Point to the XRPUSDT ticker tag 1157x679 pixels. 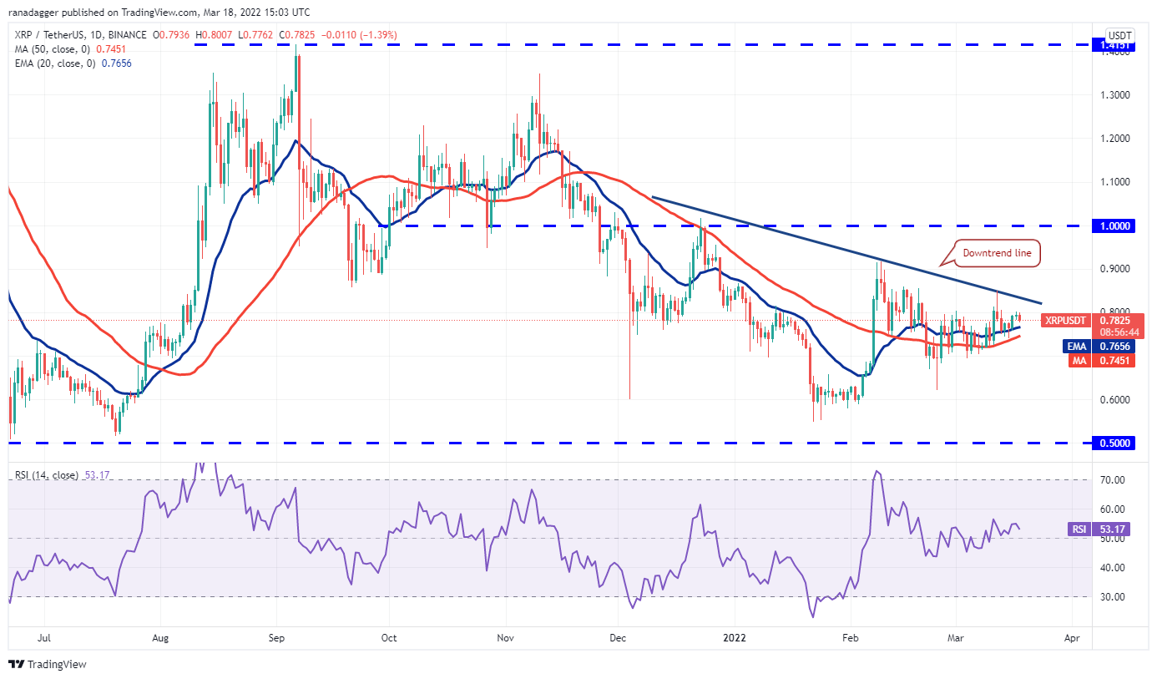coord(1066,320)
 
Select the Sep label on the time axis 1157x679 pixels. coord(277,638)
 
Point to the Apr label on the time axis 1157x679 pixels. coord(1072,638)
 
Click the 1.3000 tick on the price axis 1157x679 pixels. coord(1114,94)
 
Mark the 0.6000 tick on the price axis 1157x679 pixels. coord(1114,399)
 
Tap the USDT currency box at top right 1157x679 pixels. coord(1118,36)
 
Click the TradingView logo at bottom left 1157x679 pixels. coord(48,665)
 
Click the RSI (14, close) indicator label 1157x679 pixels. coord(46,475)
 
